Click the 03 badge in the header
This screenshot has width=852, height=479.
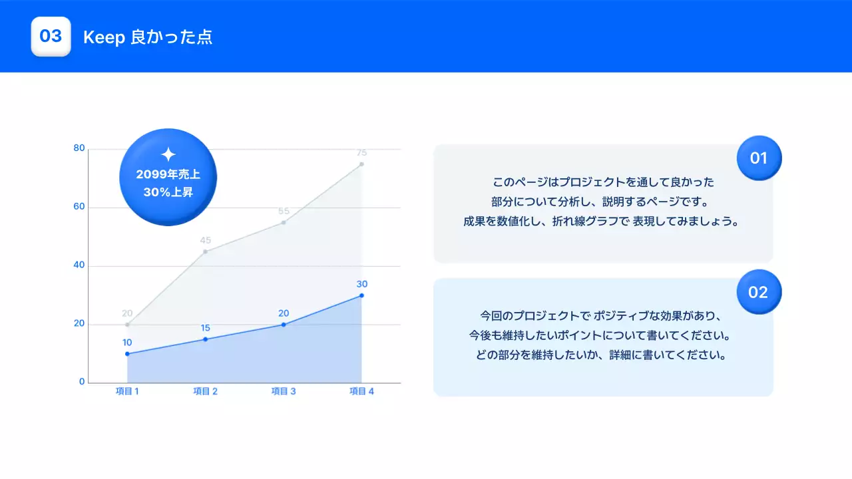(51, 37)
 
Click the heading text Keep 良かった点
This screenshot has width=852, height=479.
(148, 37)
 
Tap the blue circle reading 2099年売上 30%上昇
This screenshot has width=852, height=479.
(168, 177)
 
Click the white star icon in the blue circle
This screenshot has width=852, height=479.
(168, 154)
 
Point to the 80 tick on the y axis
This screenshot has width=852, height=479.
(79, 148)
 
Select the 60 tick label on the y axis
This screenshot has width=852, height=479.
(79, 207)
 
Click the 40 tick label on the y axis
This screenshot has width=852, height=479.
(79, 265)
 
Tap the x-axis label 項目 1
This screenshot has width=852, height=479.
(127, 391)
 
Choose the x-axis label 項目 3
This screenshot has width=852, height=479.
(284, 391)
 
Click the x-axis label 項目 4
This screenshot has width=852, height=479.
(361, 391)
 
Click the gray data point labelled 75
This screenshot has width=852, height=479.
(361, 164)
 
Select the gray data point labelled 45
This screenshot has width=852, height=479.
(205, 251)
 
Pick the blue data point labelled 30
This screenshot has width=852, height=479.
(361, 295)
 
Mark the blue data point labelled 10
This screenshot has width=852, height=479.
(127, 354)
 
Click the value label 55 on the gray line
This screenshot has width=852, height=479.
(284, 211)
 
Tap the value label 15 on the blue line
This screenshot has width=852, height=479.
(205, 328)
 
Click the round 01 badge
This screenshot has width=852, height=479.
(759, 158)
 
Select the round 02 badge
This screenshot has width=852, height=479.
(759, 292)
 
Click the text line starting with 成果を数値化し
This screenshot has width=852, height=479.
(602, 222)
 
